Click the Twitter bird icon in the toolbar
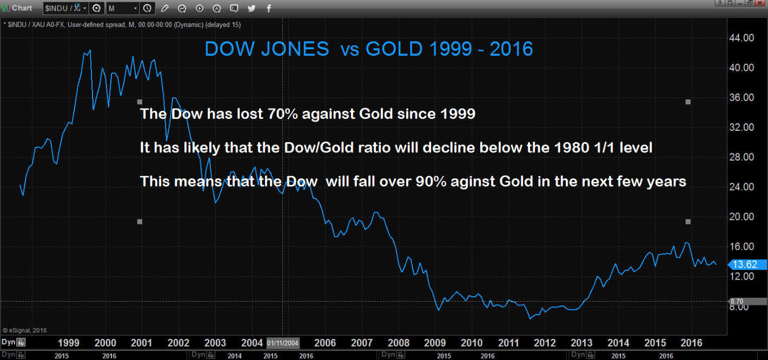[x=251, y=8]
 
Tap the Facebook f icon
[x=269, y=8]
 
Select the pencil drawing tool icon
[x=164, y=8]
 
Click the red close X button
[x=762, y=3]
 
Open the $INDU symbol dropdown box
[x=65, y=8]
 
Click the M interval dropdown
[x=123, y=8]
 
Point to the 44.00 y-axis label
[x=741, y=38]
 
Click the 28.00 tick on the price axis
[x=741, y=157]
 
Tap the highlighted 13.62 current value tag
[x=749, y=265]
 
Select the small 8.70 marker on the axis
[x=736, y=301]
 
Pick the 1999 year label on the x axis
[x=69, y=343]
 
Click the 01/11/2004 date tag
[x=282, y=343]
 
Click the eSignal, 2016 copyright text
[x=25, y=329]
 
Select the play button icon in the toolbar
[x=200, y=8]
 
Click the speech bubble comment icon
[x=234, y=8]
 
